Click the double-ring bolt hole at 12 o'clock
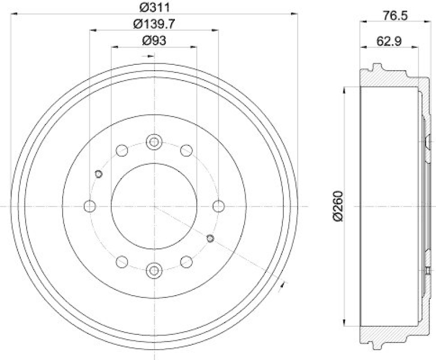pos(154,142)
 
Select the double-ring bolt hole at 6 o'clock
pos(154,269)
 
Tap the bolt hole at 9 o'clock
pos(90,206)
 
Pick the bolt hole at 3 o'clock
pos(219,206)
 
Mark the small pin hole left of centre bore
pos(99,174)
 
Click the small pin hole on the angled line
pos(211,237)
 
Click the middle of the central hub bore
pos(154,206)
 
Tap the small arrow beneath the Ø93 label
pos(146,56)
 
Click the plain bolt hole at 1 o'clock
pos(186,150)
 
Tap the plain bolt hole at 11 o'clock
pos(122,150)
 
